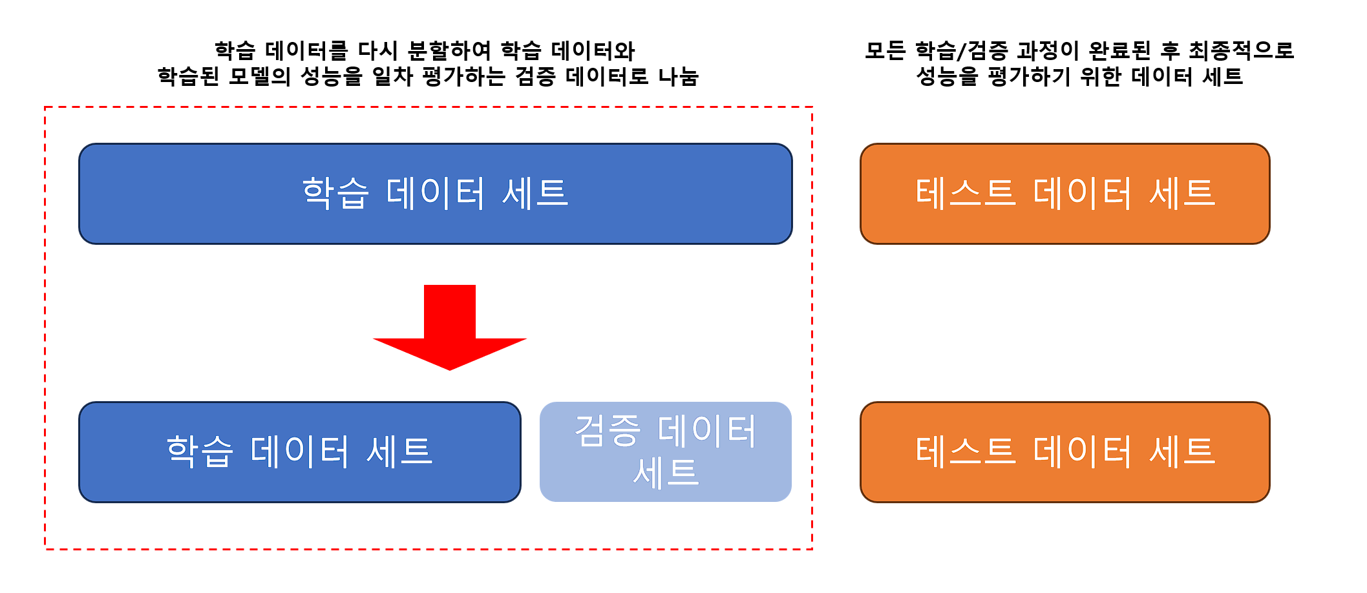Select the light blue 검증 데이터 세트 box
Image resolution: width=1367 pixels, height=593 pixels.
pos(666,452)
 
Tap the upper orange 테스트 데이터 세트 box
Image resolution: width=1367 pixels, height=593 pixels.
pos(1065,194)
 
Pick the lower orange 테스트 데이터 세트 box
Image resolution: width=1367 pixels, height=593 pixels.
pos(1065,452)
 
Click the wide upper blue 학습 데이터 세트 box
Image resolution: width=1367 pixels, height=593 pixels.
pos(436,194)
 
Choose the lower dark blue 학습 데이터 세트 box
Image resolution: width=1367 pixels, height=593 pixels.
pos(300,452)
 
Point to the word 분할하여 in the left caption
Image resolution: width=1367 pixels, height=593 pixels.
pos(450,50)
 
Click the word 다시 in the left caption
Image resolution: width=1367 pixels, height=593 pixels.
pos(378,50)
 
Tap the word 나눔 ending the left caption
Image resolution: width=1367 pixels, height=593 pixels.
pos(678,77)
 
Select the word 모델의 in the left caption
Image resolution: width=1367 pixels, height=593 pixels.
pos(260,77)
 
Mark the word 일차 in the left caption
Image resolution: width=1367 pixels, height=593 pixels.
pos(393,77)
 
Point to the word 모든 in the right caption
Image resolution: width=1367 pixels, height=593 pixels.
pos(885,50)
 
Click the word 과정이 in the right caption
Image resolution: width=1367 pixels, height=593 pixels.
pos(1048,50)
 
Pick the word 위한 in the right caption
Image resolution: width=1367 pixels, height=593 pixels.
pos(1101,77)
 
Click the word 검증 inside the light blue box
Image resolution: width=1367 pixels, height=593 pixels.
pos(608,431)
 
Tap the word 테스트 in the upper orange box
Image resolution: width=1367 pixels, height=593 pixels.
pos(966,193)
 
